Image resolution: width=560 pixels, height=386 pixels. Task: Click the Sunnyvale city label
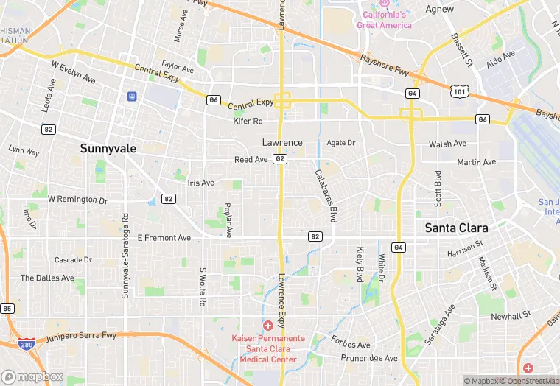pyautogui.click(x=108, y=148)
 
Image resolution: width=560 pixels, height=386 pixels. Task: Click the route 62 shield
pyautogui.click(x=280, y=159)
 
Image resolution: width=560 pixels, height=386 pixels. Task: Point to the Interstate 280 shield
pyautogui.click(x=27, y=344)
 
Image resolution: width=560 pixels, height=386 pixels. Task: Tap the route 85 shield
pyautogui.click(x=7, y=308)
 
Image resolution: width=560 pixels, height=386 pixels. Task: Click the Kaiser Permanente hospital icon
pyautogui.click(x=268, y=325)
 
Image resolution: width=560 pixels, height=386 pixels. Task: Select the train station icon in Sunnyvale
pyautogui.click(x=132, y=96)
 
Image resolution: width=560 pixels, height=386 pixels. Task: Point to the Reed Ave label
pyautogui.click(x=251, y=159)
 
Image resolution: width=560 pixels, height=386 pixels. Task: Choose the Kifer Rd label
pyautogui.click(x=248, y=121)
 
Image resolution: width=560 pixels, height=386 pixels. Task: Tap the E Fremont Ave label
pyautogui.click(x=164, y=238)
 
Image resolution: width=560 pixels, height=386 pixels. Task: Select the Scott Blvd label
pyautogui.click(x=438, y=189)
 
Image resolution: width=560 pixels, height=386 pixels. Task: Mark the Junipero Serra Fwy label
pyautogui.click(x=81, y=337)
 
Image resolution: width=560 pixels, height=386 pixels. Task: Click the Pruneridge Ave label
pyautogui.click(x=369, y=358)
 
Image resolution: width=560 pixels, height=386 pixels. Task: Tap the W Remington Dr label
pyautogui.click(x=77, y=200)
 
